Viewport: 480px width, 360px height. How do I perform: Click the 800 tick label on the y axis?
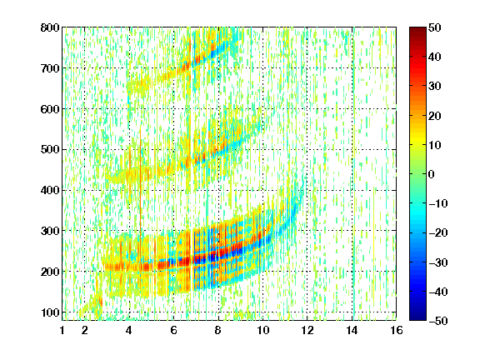(50, 27)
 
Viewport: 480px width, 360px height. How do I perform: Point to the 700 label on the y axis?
(50, 68)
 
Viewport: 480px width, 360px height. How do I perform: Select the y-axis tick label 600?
(50, 109)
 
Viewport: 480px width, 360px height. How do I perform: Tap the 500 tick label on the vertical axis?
(50, 150)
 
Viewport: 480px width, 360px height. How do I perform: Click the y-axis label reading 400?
(50, 190)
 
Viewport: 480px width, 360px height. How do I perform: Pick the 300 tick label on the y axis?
(50, 231)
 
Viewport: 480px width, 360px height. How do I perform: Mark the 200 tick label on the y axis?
(50, 272)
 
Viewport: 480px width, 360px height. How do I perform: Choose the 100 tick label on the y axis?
(50, 312)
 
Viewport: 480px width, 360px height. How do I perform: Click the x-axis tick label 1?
(62, 330)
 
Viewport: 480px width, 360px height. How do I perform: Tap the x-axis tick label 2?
(85, 330)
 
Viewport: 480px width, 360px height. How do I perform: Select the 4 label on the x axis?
(129, 330)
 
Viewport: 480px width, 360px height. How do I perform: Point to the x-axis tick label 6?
(173, 330)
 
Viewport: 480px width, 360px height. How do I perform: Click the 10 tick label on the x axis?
(262, 330)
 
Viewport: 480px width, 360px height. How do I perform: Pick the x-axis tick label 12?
(307, 330)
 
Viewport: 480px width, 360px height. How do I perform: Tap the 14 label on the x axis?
(352, 330)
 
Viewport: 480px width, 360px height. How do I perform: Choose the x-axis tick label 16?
(397, 330)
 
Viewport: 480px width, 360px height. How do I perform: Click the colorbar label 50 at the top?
(435, 27)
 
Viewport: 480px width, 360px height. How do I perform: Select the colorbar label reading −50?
(438, 321)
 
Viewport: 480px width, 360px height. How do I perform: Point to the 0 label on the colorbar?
(432, 174)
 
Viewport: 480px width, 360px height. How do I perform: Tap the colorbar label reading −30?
(438, 262)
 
